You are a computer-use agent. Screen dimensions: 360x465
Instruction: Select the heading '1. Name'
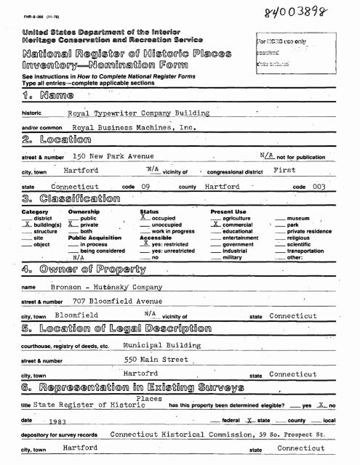tap(37, 98)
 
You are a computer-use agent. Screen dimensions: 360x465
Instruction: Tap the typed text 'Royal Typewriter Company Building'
tap(148, 113)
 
